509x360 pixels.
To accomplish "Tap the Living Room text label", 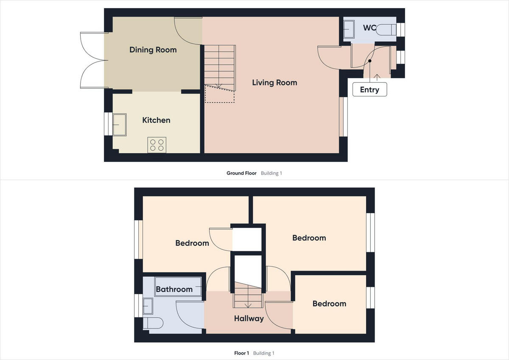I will pyautogui.click(x=274, y=82).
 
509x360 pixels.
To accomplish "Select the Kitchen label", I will pyautogui.click(x=156, y=120).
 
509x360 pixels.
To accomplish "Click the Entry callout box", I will pyautogui.click(x=369, y=90).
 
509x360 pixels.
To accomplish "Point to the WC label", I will pyautogui.click(x=369, y=28).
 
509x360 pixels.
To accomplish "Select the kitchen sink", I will pyautogui.click(x=119, y=124).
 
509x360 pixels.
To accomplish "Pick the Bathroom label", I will pyautogui.click(x=174, y=289).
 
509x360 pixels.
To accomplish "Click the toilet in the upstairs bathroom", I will pyautogui.click(x=152, y=323).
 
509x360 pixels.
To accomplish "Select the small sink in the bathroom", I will pyautogui.click(x=148, y=305).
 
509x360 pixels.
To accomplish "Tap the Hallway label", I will pyautogui.click(x=249, y=318).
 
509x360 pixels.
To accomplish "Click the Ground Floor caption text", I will pyautogui.click(x=241, y=173).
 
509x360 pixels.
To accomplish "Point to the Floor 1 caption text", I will pyautogui.click(x=242, y=353).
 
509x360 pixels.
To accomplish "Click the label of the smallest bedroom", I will pyautogui.click(x=329, y=304).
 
